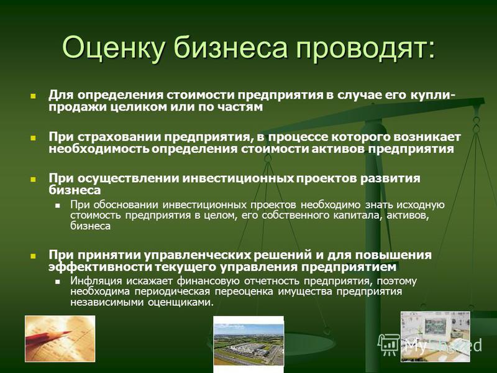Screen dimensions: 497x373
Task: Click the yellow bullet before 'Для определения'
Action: (33, 96)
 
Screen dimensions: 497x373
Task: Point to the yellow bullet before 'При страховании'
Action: (33, 137)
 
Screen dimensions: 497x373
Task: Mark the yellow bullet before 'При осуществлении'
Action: (33, 179)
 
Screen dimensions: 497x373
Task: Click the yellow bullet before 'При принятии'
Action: (33, 256)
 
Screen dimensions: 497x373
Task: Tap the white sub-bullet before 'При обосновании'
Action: (57, 206)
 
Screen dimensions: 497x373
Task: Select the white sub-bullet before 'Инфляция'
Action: (57, 282)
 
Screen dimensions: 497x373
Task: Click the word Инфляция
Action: (96, 282)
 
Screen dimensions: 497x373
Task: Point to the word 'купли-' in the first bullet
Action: (429, 96)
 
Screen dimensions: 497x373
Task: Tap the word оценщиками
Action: (180, 302)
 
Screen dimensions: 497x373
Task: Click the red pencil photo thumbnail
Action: (60, 339)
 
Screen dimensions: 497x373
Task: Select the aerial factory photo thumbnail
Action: (248, 344)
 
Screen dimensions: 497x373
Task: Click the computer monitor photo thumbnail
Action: (435, 336)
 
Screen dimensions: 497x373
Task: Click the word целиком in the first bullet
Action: (139, 107)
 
